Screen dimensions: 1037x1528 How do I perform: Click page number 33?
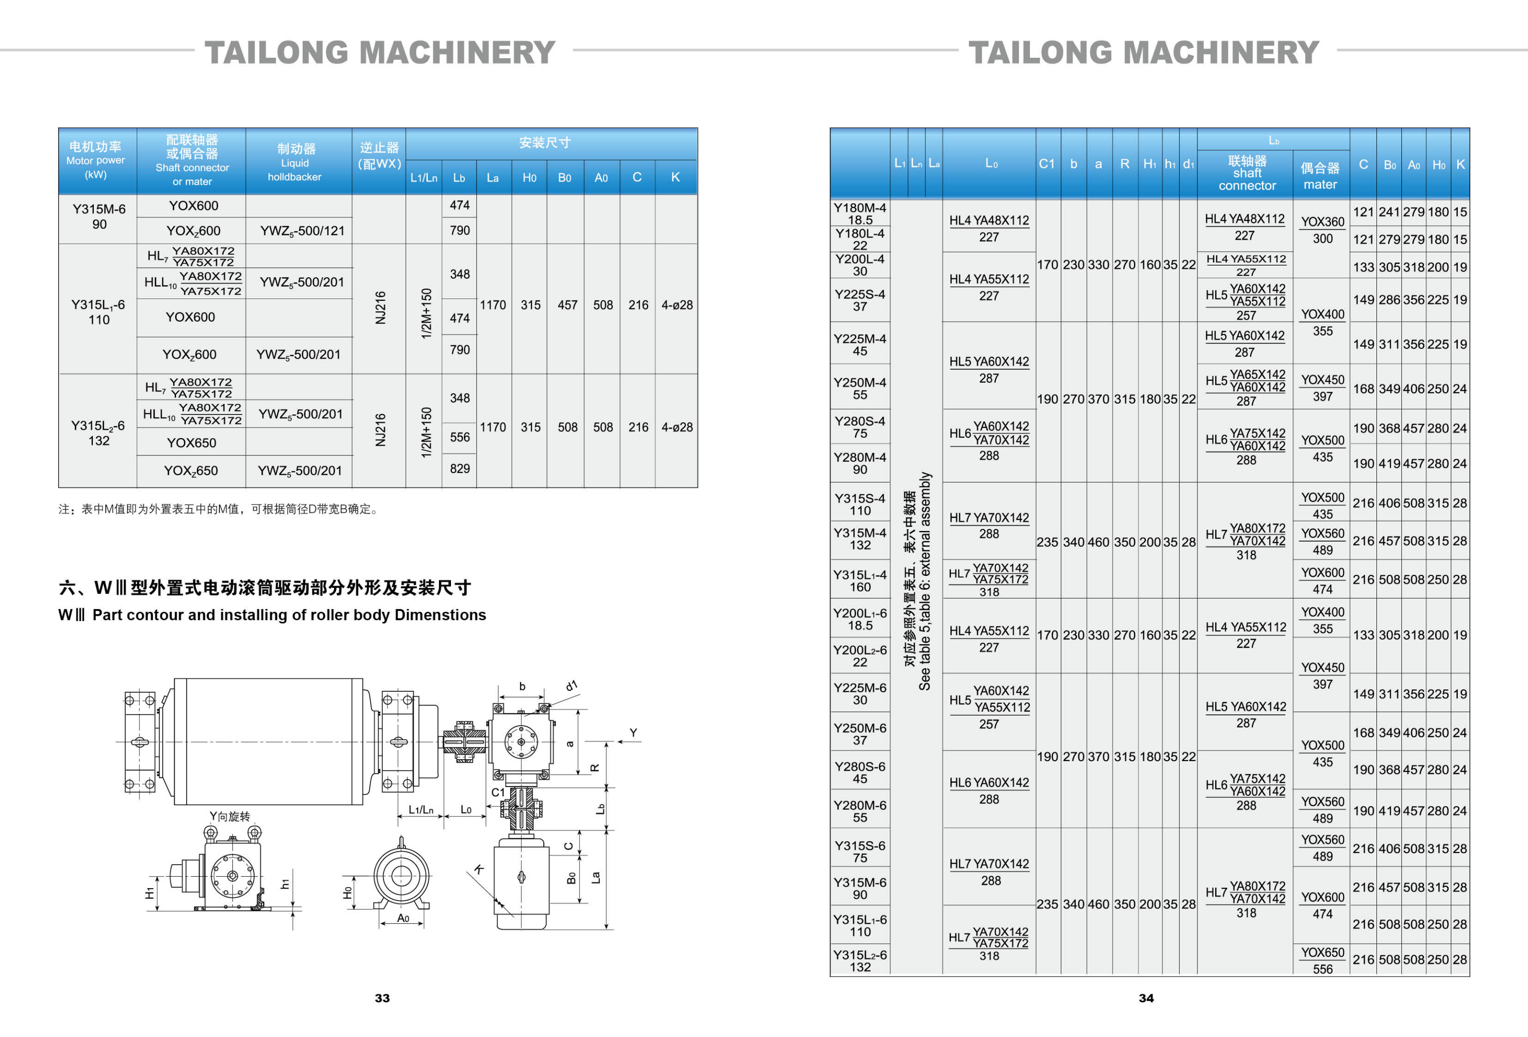[382, 998]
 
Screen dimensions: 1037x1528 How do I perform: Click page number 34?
[1145, 998]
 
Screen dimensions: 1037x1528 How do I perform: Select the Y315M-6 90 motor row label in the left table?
[99, 216]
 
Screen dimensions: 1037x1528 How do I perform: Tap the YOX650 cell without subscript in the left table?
[192, 442]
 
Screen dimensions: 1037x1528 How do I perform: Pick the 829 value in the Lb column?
[460, 468]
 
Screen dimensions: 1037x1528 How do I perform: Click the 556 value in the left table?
[460, 437]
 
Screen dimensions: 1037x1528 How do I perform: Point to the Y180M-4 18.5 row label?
[860, 214]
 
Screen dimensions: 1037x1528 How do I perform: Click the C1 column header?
[1047, 164]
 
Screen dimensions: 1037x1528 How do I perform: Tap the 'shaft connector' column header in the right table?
[1246, 173]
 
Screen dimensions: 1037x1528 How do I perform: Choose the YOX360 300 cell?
[1322, 230]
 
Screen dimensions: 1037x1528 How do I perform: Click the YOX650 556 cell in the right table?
[1322, 960]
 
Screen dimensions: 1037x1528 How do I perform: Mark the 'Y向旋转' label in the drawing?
[230, 816]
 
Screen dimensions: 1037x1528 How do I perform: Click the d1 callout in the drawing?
[571, 686]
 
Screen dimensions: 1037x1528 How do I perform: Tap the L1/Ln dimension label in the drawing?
[421, 809]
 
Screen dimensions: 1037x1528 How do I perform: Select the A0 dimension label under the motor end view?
[403, 918]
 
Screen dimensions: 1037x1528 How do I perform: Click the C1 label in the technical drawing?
[498, 792]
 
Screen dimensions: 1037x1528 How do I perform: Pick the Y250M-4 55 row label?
[860, 388]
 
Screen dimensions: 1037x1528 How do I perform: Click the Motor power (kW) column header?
[95, 160]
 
